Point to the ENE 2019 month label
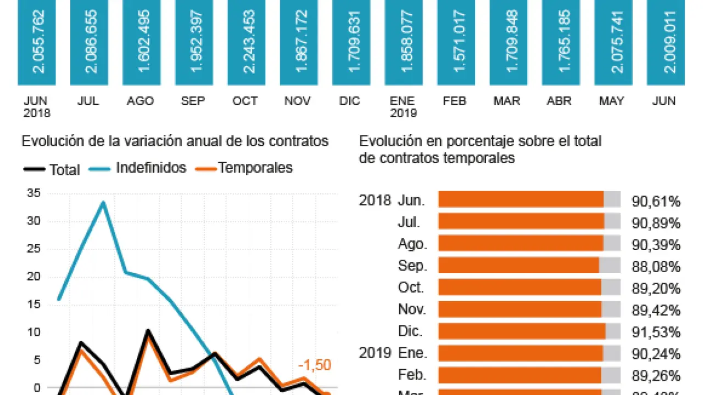[403, 107]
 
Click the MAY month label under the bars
[611, 101]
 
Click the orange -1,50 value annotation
[315, 365]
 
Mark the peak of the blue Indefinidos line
[103, 202]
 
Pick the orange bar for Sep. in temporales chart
[518, 266]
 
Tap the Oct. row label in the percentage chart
[411, 287]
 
